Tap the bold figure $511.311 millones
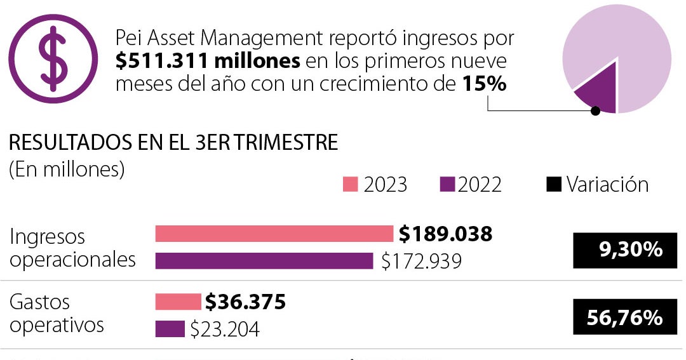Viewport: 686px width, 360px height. tap(208, 62)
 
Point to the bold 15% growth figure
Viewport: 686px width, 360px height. tap(485, 84)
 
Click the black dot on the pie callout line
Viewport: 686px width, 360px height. tap(595, 111)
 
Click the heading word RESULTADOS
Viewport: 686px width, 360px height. tap(62, 143)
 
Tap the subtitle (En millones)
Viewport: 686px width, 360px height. tap(67, 170)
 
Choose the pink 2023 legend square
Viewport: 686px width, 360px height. tap(351, 184)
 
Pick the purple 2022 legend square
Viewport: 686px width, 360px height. tap(447, 184)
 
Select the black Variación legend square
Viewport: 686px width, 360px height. tap(554, 184)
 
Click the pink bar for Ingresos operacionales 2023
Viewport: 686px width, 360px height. tap(274, 234)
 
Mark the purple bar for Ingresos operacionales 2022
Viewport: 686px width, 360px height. tap(264, 261)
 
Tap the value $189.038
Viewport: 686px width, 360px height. tap(445, 234)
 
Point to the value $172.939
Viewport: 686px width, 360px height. tap(421, 261)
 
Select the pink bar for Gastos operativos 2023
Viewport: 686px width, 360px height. tap(178, 302)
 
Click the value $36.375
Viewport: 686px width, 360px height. tap(245, 302)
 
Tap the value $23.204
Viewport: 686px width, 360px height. tap(225, 329)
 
